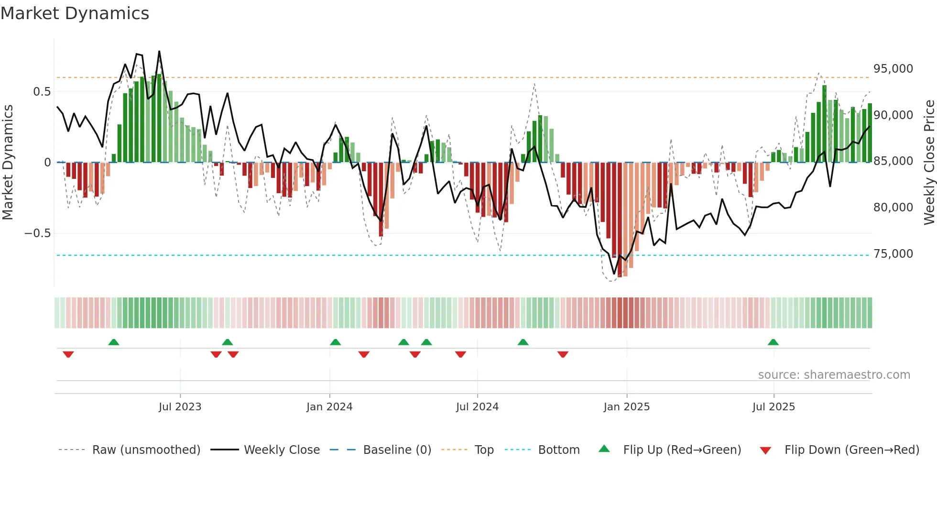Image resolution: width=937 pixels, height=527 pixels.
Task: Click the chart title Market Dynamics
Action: (x=75, y=13)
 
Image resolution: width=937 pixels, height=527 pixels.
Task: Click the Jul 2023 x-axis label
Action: (x=180, y=407)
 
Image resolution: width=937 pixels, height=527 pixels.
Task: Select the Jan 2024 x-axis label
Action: (x=329, y=407)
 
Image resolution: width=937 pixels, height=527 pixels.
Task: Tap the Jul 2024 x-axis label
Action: (x=477, y=407)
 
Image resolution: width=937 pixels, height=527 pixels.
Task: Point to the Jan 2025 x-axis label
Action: (x=626, y=407)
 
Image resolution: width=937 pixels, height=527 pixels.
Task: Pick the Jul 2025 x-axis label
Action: (x=774, y=407)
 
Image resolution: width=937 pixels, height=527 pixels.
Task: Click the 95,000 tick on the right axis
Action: (x=893, y=69)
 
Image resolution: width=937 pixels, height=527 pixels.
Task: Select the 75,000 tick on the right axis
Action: (x=893, y=254)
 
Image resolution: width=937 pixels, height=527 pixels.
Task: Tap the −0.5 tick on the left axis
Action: (x=37, y=233)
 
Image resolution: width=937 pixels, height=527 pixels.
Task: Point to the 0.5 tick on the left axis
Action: (x=42, y=92)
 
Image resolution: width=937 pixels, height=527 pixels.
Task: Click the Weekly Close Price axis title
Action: (x=929, y=163)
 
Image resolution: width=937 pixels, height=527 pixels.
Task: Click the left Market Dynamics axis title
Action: (x=8, y=163)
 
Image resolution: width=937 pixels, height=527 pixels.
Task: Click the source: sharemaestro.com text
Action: (x=834, y=375)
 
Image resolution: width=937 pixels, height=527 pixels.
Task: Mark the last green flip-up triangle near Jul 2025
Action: (x=773, y=342)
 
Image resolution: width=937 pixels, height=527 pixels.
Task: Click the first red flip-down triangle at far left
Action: (x=68, y=354)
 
